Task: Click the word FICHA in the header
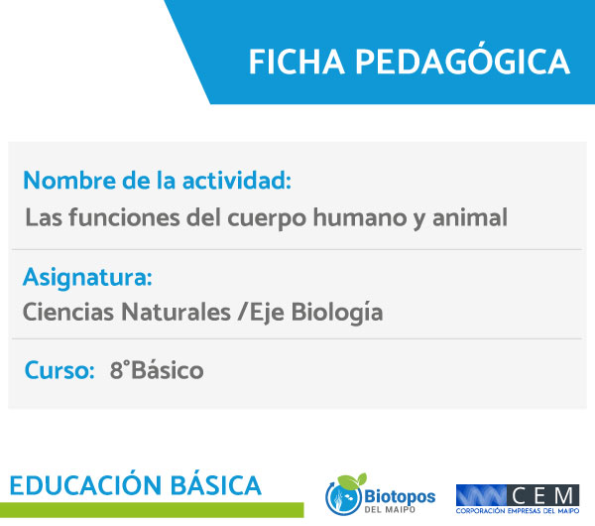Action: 297,62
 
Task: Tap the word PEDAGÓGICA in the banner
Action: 462,60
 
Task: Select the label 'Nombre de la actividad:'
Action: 157,181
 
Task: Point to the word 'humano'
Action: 360,218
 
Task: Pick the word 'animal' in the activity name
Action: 470,218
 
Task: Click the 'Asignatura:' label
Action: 87,278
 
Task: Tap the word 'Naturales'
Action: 177,313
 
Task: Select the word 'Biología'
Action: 337,313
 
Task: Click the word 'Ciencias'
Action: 68,313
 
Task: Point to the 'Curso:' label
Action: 59,370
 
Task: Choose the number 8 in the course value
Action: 116,370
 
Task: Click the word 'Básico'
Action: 168,370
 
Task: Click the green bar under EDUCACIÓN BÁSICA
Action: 152,510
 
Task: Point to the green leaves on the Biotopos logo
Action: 352,480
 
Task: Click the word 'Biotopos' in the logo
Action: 400,496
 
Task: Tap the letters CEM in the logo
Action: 543,495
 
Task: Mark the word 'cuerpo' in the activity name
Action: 267,218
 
